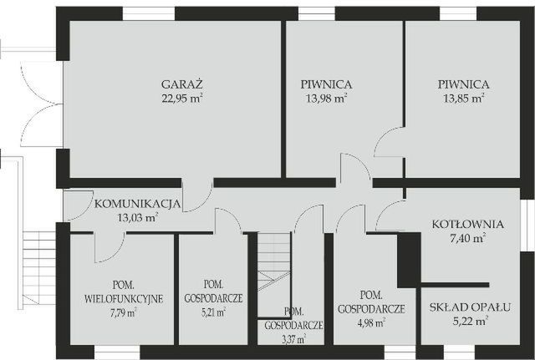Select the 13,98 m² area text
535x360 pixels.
(x=325, y=99)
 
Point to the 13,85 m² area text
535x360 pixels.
(x=463, y=99)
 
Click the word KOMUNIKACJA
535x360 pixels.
(x=137, y=204)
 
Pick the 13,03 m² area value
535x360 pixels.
(x=137, y=217)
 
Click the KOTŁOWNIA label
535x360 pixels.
(x=467, y=224)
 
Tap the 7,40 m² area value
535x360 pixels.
(x=467, y=238)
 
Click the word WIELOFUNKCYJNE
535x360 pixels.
(x=124, y=298)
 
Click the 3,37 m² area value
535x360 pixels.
(x=292, y=339)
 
